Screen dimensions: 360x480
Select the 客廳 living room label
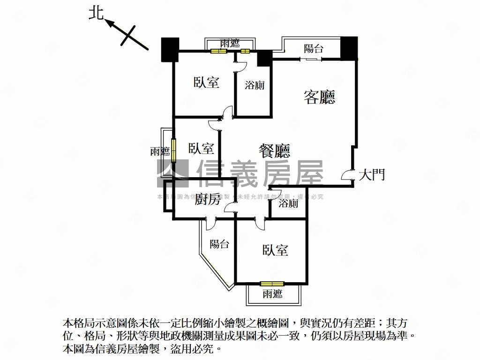319,97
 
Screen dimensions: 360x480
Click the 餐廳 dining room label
275,150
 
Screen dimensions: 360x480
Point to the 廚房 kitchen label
207,200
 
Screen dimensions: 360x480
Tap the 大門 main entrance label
372,175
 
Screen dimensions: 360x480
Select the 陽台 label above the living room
314,48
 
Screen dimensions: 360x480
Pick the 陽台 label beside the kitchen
219,244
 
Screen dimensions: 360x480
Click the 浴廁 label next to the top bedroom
255,85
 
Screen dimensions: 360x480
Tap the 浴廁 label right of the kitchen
288,203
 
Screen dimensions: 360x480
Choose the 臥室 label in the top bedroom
206,82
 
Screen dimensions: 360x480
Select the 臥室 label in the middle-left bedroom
202,149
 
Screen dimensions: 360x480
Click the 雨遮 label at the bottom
272,294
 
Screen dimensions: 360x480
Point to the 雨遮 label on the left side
160,151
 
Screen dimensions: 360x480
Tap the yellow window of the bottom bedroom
272,283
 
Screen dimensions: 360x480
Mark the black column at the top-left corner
169,49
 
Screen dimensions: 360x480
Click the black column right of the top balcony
349,47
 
